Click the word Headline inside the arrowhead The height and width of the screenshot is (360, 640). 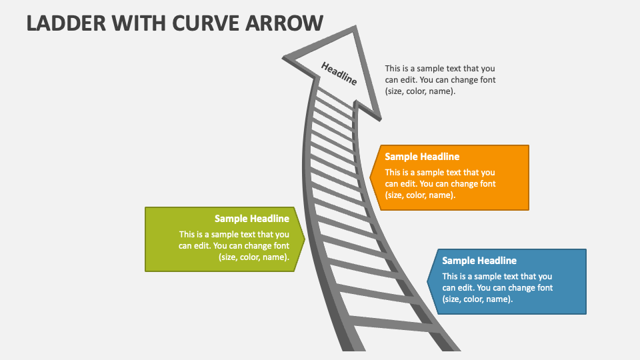click(339, 73)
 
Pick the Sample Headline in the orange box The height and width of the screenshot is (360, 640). click(422, 157)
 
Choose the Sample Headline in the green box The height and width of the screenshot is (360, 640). click(251, 218)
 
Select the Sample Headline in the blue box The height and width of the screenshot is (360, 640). click(479, 261)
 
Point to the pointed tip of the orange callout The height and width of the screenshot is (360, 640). click(371, 177)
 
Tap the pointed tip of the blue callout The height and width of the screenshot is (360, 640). click(427, 281)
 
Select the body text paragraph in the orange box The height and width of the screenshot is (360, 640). click(440, 184)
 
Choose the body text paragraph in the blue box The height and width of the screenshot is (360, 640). click(497, 288)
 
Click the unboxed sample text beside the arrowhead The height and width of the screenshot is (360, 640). click(440, 80)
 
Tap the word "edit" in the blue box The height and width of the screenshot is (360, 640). click(464, 288)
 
